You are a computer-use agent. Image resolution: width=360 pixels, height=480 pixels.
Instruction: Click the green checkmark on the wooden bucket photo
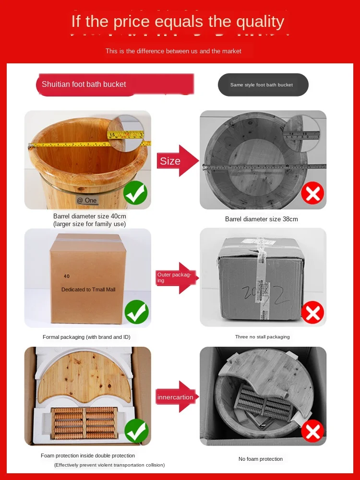pos(135,193)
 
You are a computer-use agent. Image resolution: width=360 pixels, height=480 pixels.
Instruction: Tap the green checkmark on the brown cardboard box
pos(136,312)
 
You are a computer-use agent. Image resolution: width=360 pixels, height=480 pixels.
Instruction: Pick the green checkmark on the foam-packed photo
pos(136,431)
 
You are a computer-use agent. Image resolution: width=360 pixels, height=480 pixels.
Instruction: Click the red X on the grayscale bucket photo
pos(312,194)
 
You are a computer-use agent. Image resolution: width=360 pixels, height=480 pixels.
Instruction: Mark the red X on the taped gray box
pos(312,313)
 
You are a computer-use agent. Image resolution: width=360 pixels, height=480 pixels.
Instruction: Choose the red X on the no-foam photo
pos(312,432)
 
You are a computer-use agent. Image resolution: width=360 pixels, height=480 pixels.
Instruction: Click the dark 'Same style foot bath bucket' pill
pos(263,85)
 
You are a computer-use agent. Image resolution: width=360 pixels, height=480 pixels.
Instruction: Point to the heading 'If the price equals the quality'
pos(178,22)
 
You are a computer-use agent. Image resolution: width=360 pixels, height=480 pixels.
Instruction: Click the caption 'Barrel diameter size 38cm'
pos(261,219)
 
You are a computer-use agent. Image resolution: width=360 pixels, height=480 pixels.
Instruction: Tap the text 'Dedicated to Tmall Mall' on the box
pos(88,289)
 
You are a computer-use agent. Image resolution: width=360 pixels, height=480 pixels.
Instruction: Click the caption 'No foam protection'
pos(261,459)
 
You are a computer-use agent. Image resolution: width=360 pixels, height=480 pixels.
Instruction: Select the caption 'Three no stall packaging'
pos(262,337)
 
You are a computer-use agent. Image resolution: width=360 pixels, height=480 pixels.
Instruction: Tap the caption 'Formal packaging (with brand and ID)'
pos(86,337)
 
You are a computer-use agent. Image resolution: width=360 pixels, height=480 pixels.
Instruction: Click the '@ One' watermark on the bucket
pos(87,201)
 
